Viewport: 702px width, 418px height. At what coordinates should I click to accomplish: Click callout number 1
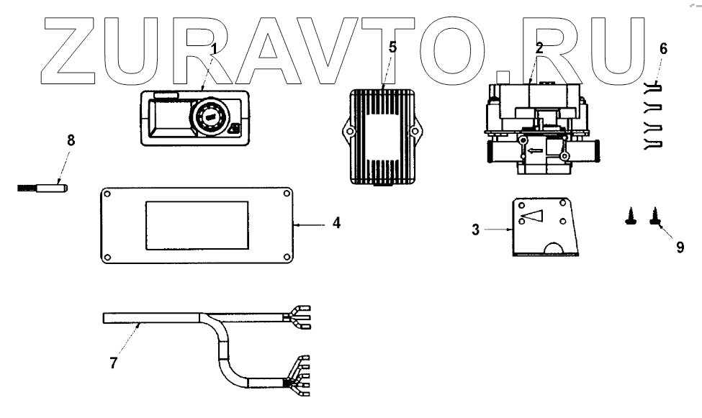pyautogui.click(x=214, y=49)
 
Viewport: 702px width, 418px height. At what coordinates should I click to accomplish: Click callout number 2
pyautogui.click(x=539, y=48)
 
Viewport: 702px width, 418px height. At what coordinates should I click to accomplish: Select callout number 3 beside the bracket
pyautogui.click(x=476, y=230)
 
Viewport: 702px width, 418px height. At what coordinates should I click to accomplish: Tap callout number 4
pyautogui.click(x=336, y=223)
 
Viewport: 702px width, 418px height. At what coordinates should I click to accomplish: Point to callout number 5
pyautogui.click(x=392, y=47)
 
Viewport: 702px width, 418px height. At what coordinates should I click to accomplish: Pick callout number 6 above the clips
pyautogui.click(x=663, y=49)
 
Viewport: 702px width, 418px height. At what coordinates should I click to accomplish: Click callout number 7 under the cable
pyautogui.click(x=114, y=363)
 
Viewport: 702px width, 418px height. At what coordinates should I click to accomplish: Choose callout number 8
pyautogui.click(x=71, y=140)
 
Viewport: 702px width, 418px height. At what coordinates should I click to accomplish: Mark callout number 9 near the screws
pyautogui.click(x=680, y=247)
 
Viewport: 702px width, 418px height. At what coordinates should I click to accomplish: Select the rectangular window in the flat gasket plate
pyautogui.click(x=198, y=224)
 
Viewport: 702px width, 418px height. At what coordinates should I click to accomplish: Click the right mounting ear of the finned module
pyautogui.click(x=415, y=132)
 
